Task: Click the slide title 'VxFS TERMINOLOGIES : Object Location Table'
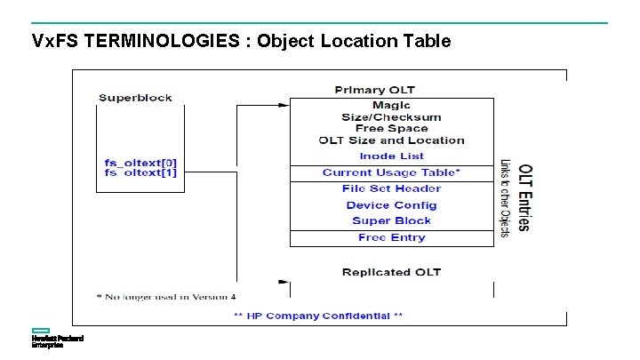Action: tap(241, 41)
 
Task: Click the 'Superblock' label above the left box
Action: tap(135, 97)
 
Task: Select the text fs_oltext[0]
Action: tap(140, 163)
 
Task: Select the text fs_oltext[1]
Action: tap(140, 172)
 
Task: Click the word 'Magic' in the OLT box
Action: tap(391, 106)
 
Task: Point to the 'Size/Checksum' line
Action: tap(391, 117)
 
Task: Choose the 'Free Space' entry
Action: tap(391, 129)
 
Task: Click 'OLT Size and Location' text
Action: tap(391, 140)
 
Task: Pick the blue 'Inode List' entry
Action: tap(391, 156)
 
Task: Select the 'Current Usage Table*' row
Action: tap(391, 172)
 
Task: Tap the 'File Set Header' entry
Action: tap(391, 188)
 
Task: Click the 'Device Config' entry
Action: tap(391, 205)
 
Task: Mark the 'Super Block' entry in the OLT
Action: tap(391, 220)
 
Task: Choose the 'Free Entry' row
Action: tap(391, 237)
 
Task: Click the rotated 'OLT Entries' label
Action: tap(524, 197)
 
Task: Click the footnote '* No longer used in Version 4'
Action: tap(166, 295)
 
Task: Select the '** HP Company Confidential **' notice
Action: tap(317, 316)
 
